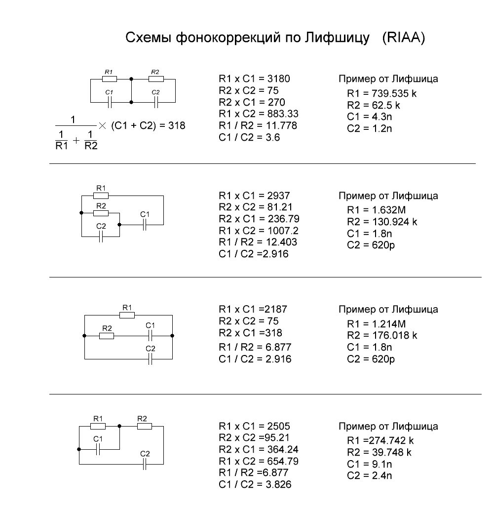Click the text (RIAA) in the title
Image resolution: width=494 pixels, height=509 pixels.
(x=404, y=38)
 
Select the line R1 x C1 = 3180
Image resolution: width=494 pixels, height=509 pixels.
(x=255, y=78)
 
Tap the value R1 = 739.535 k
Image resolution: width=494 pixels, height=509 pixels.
(x=381, y=93)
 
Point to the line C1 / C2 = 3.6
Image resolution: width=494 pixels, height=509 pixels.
(x=249, y=137)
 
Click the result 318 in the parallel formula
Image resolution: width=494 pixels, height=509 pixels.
(x=177, y=125)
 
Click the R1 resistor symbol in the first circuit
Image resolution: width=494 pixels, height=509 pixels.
(x=110, y=79)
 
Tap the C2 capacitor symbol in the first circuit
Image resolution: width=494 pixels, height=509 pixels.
(x=156, y=103)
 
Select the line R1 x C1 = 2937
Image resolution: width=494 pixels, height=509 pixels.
(x=255, y=196)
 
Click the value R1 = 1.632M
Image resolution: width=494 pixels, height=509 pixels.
(x=377, y=210)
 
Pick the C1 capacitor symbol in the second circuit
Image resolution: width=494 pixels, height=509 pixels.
(x=145, y=225)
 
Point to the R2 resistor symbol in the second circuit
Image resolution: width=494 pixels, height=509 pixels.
(x=101, y=213)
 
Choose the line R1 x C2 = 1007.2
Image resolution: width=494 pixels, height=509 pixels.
(x=259, y=231)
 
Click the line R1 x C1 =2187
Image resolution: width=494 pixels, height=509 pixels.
(x=253, y=309)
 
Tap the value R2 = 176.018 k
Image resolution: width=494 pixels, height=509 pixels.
(x=382, y=335)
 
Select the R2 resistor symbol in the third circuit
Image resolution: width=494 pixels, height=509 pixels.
(x=107, y=336)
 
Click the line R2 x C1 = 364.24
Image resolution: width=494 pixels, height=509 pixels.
(x=259, y=449)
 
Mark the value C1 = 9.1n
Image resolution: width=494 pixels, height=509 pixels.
(x=369, y=464)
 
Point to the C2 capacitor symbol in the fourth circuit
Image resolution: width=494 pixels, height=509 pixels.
(x=145, y=464)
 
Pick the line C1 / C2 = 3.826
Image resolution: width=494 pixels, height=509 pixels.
(x=255, y=484)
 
